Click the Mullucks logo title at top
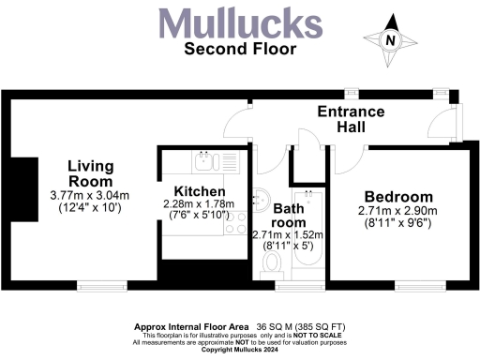click(239, 22)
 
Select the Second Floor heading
click(239, 49)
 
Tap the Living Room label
click(90, 173)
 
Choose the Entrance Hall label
click(352, 120)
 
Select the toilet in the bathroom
click(273, 265)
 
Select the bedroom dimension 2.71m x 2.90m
click(397, 214)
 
